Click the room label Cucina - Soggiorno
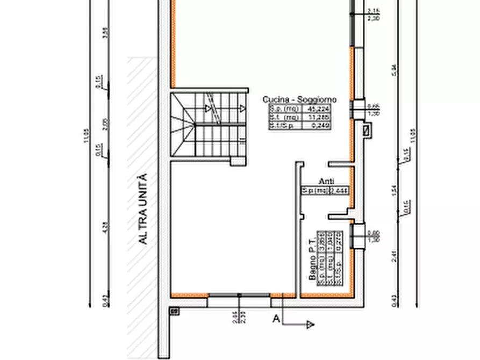(299, 99)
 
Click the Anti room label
(326, 182)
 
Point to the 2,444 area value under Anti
(339, 190)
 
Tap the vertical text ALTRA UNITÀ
(142, 210)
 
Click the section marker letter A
(276, 319)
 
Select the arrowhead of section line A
(310, 325)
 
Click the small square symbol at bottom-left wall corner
(174, 311)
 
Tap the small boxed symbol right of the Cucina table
(367, 129)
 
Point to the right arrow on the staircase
(243, 108)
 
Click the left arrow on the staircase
(207, 108)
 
